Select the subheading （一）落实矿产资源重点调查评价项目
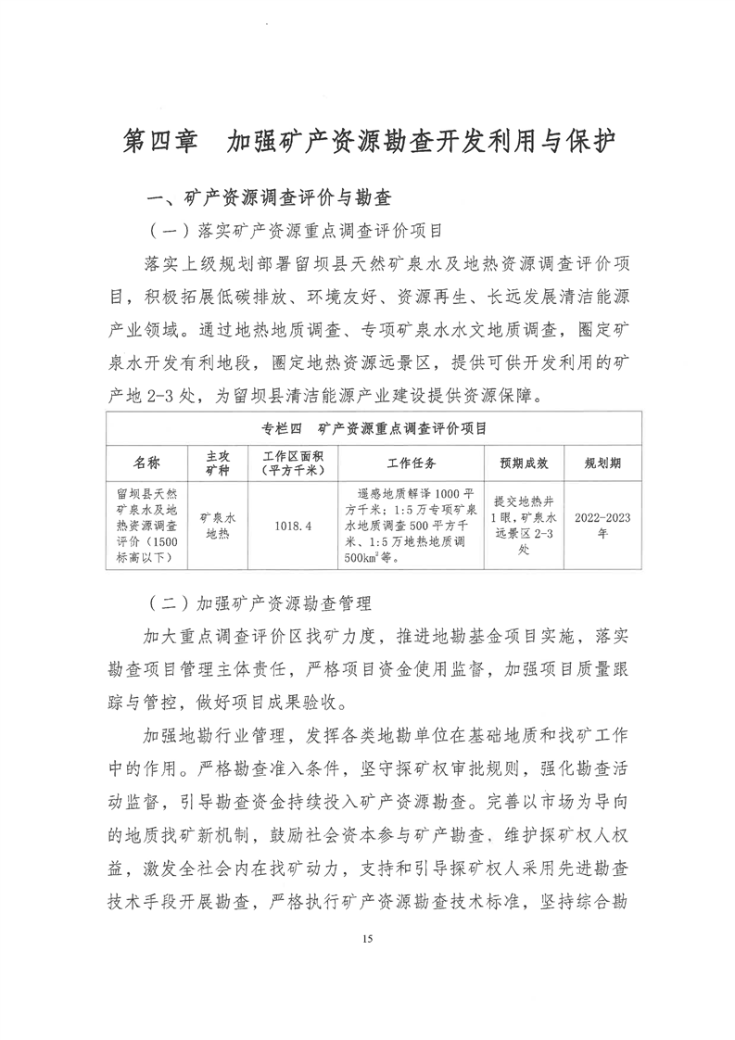(x=294, y=228)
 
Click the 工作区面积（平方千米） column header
(x=286, y=462)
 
